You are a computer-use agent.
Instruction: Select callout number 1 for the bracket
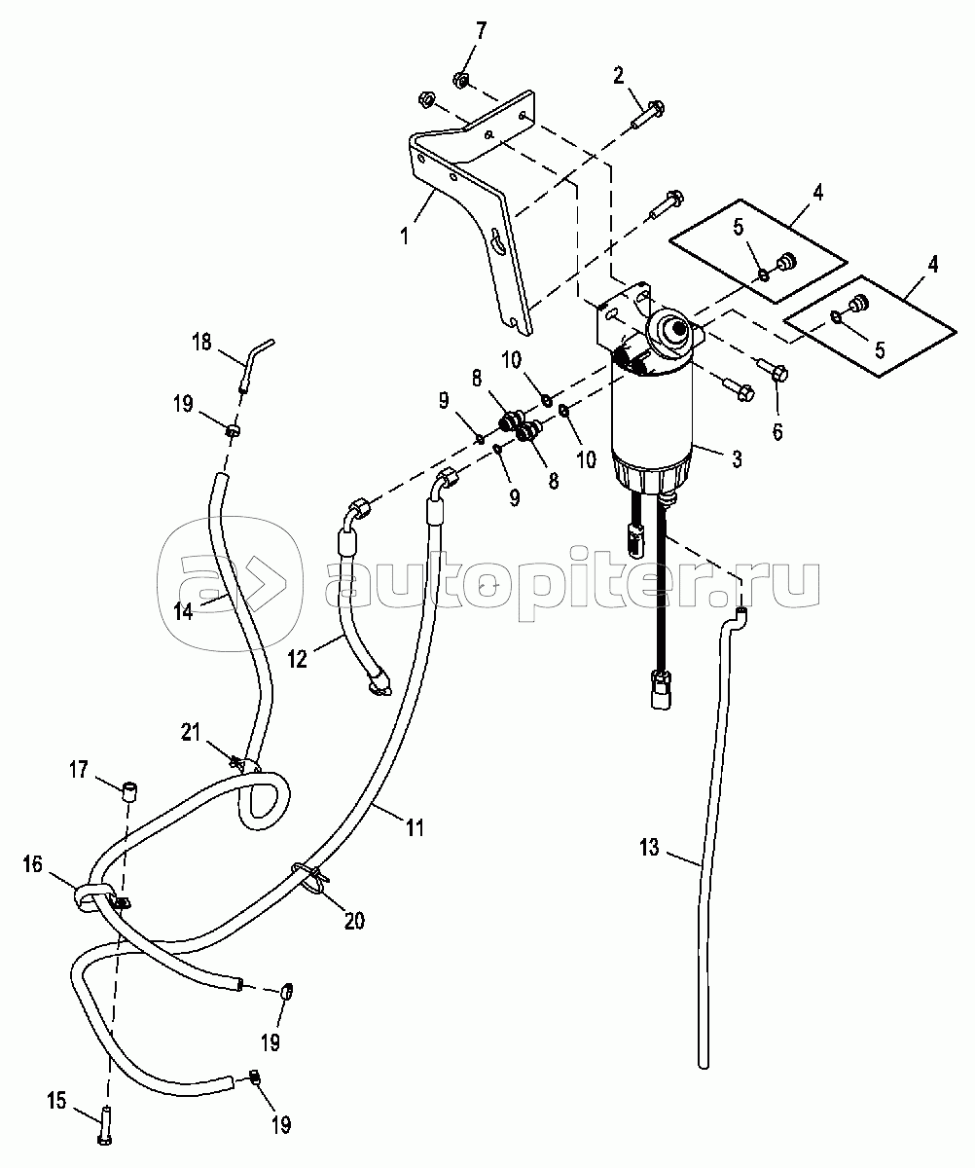pyautogui.click(x=405, y=235)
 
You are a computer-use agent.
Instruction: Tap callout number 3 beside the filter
pyautogui.click(x=737, y=458)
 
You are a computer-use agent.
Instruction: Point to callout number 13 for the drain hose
pyautogui.click(x=649, y=848)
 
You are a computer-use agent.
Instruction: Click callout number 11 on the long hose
pyautogui.click(x=415, y=827)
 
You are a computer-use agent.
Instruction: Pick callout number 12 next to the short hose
pyautogui.click(x=298, y=659)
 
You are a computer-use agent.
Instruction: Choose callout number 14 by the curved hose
pyautogui.click(x=183, y=611)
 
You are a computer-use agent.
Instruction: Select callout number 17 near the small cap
pyautogui.click(x=79, y=770)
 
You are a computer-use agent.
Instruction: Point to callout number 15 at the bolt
pyautogui.click(x=56, y=1100)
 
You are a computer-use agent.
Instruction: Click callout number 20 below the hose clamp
pyautogui.click(x=354, y=920)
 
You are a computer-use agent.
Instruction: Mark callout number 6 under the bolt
pyautogui.click(x=776, y=431)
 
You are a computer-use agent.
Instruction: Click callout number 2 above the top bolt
pyautogui.click(x=618, y=76)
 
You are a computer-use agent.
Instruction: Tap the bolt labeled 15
pyautogui.click(x=106, y=1128)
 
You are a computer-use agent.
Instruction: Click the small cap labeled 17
pyautogui.click(x=129, y=793)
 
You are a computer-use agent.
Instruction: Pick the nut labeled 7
pyautogui.click(x=461, y=80)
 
